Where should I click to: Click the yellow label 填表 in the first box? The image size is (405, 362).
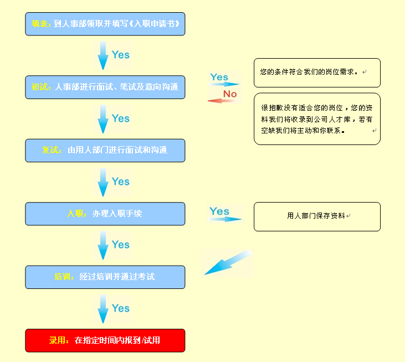(x=40, y=24)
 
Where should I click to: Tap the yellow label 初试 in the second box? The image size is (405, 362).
(x=41, y=87)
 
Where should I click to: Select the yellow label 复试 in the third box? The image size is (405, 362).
(x=52, y=150)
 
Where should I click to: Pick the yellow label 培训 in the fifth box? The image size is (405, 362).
(x=64, y=277)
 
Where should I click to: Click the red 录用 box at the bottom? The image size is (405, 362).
(x=105, y=340)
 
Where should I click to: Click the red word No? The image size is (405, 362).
(x=229, y=94)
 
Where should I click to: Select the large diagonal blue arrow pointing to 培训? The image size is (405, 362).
(x=227, y=262)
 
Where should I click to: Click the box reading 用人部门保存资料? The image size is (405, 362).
(x=317, y=216)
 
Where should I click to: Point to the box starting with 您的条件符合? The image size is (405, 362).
(x=317, y=73)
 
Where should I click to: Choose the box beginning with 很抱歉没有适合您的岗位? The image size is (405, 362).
(x=317, y=119)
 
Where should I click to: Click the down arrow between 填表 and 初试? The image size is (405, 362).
(x=103, y=55)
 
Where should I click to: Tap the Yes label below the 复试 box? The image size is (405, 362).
(x=120, y=182)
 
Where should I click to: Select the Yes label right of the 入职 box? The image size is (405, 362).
(x=219, y=211)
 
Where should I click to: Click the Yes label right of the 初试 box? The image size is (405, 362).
(x=219, y=77)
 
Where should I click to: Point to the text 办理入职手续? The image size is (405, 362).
(x=117, y=214)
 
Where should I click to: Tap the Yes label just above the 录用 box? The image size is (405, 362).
(x=120, y=308)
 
